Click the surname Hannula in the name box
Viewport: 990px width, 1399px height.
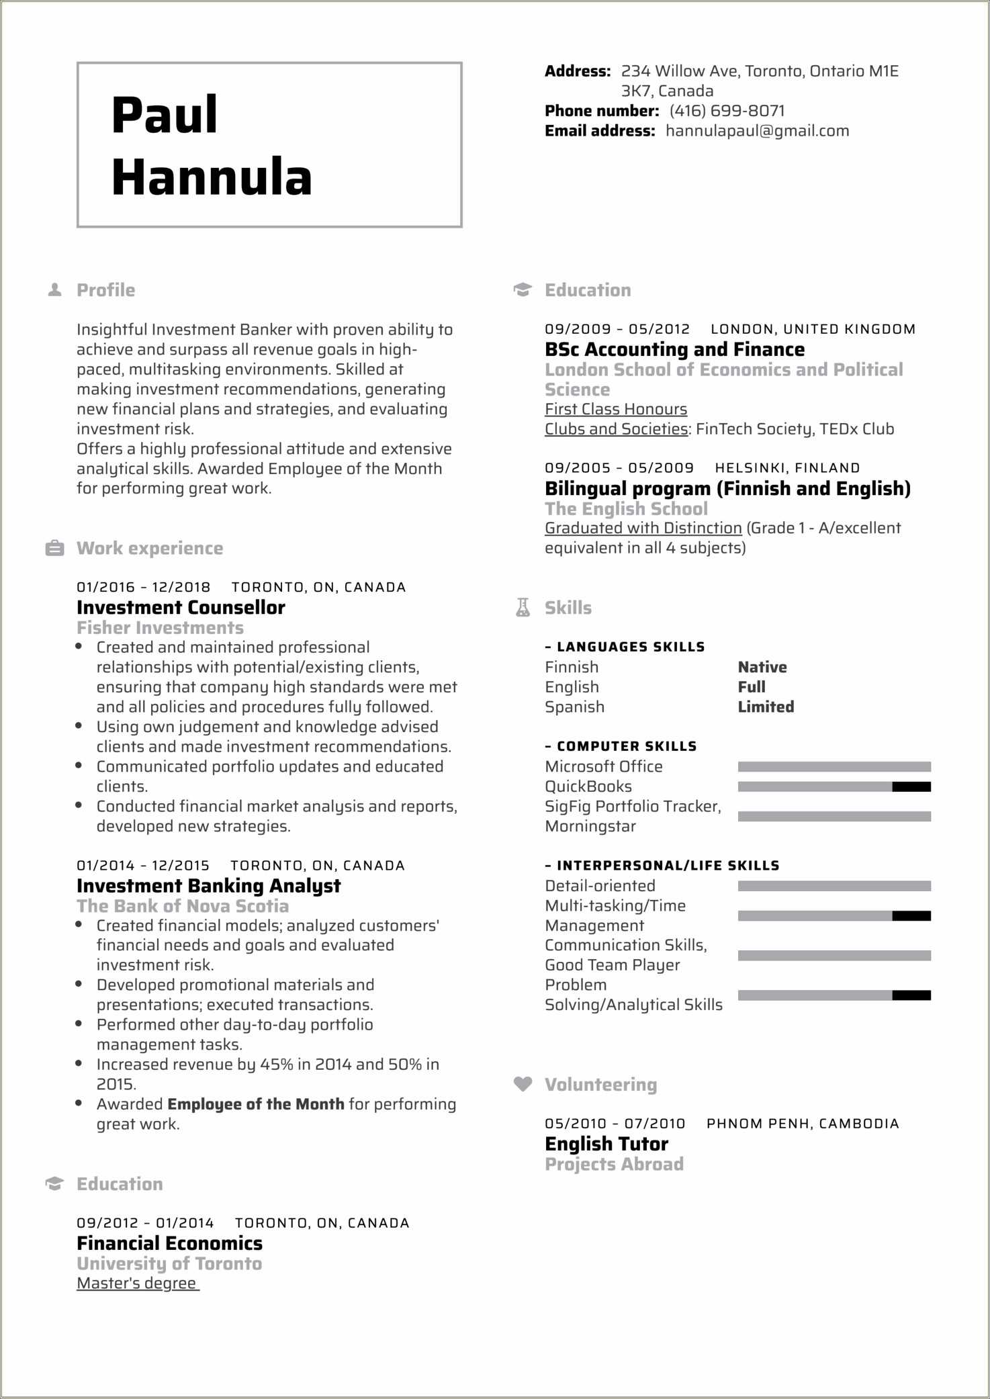click(212, 177)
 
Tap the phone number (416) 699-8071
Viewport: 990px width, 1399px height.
click(727, 111)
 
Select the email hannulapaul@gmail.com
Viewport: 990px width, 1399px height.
click(757, 131)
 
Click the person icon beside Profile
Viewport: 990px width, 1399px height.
click(55, 290)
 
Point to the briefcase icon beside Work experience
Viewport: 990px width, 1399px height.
click(54, 549)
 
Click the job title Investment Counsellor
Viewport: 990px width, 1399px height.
click(181, 608)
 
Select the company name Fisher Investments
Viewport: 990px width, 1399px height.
click(160, 628)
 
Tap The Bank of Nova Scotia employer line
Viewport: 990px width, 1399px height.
click(183, 906)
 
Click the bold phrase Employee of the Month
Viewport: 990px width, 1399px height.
click(255, 1104)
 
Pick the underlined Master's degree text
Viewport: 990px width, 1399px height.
click(137, 1283)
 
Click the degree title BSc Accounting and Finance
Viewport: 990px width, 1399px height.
click(674, 350)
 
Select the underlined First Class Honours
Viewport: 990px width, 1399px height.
click(615, 409)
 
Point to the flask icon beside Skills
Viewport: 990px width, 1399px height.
click(523, 608)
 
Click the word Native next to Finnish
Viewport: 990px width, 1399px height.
click(762, 667)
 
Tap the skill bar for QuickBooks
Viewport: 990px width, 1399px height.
click(834, 786)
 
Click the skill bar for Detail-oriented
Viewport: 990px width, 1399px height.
click(834, 886)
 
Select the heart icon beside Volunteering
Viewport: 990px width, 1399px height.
click(523, 1084)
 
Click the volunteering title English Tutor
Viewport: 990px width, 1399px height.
click(606, 1144)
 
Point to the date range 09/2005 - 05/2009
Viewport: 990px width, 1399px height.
click(619, 468)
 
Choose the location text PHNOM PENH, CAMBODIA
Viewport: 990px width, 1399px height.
click(802, 1124)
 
